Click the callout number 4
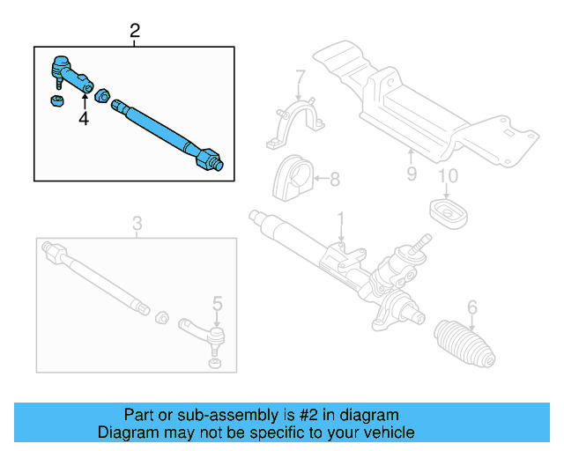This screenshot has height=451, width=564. (x=85, y=119)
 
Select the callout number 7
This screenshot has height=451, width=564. (x=300, y=77)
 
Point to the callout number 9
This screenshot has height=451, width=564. (x=412, y=174)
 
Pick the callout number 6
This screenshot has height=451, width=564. (x=472, y=307)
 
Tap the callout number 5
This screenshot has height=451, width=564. (x=217, y=307)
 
